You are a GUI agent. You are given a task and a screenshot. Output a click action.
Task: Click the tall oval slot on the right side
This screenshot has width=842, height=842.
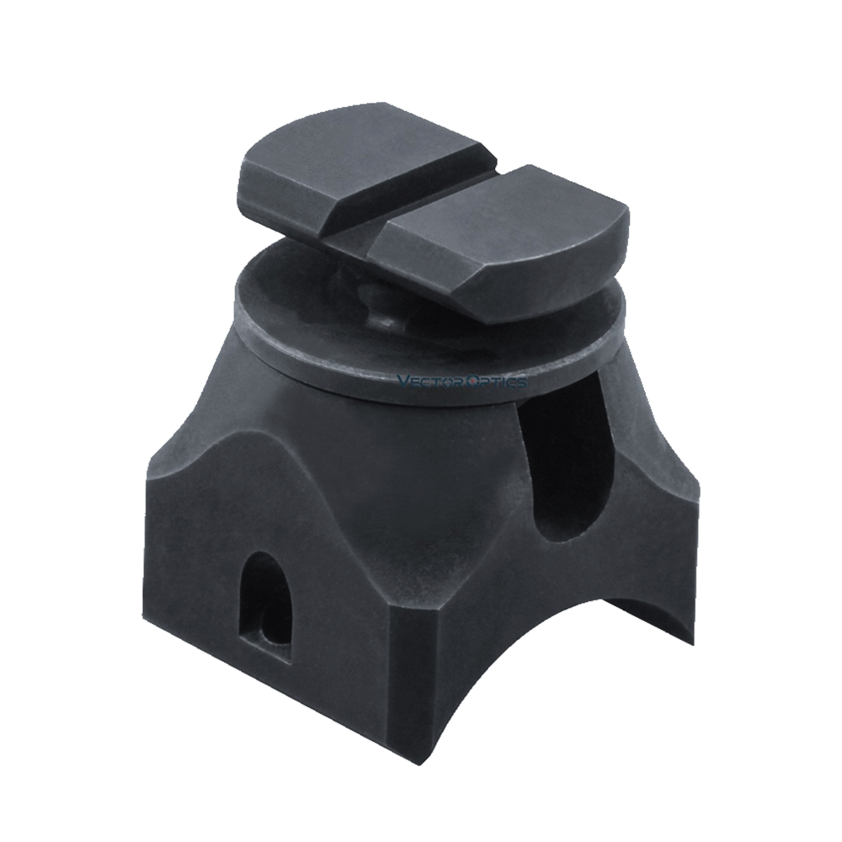pyautogui.click(x=565, y=456)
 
